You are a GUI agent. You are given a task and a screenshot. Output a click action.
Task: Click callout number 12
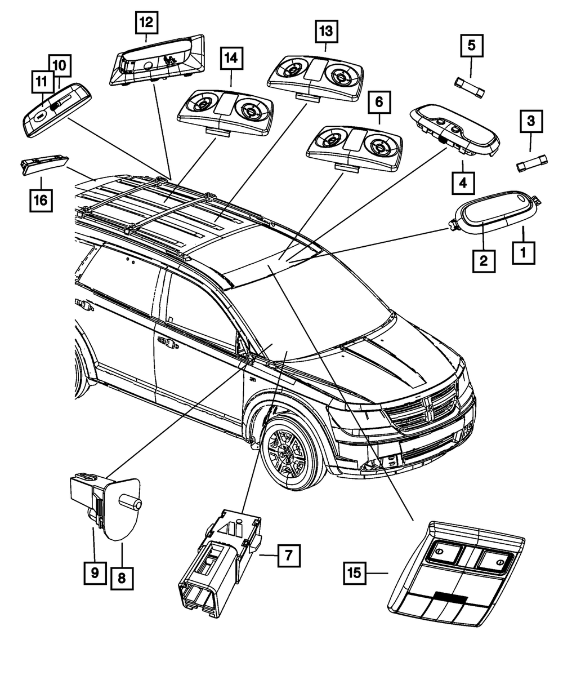point(146,23)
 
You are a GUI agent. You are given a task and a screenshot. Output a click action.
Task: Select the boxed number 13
point(326,32)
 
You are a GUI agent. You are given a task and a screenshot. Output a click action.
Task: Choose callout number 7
point(287,556)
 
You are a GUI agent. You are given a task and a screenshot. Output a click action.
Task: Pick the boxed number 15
point(354,573)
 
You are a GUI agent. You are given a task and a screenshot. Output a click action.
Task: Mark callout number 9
point(94,573)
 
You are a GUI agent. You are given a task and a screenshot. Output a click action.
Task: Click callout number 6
point(379,103)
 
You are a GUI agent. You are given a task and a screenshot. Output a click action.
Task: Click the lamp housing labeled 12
point(158,59)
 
